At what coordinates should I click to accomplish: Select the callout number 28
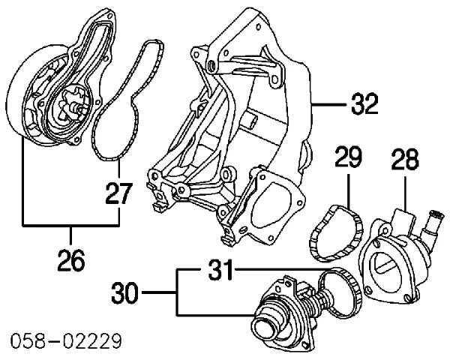(x=404, y=160)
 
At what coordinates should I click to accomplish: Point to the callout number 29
(x=349, y=159)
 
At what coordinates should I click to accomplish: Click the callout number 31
(x=220, y=268)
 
